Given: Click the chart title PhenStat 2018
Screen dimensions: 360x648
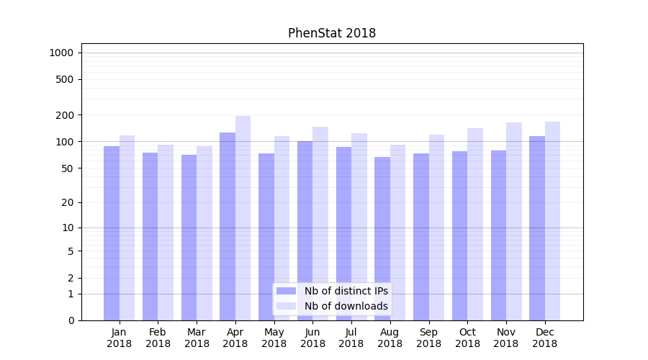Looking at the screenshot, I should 331,33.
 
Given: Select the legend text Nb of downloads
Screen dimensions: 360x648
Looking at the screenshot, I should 346,306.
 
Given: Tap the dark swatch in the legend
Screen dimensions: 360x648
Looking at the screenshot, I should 287,291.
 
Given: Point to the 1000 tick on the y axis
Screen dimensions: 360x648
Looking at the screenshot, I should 61,53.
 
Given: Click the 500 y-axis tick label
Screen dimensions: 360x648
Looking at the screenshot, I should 64,79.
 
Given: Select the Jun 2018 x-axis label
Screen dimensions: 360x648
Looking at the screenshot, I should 312,338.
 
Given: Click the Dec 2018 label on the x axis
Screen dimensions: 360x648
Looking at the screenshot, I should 544,338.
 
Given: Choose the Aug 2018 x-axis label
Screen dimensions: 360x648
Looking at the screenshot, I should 390,338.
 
